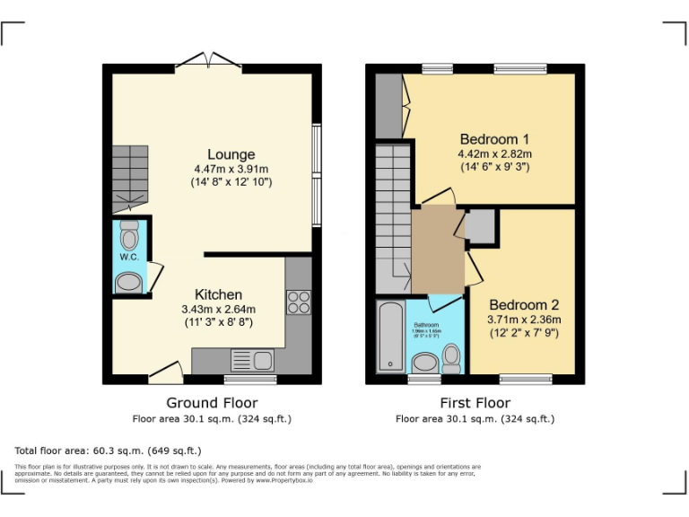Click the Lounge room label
231,154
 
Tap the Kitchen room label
219,294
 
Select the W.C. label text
129,257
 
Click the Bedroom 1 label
494,139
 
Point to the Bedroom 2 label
524,303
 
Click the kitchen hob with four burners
298,302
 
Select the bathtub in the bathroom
392,337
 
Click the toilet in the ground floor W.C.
130,235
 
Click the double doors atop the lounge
208,61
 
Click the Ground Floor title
212,403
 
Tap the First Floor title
475,403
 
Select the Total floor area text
109,450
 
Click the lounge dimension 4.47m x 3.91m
231,169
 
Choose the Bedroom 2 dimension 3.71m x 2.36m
524,319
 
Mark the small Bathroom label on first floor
425,324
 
